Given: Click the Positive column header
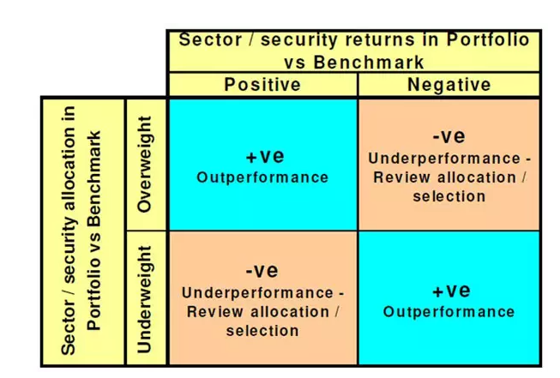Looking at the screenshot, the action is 262,85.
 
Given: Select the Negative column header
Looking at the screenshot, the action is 449,85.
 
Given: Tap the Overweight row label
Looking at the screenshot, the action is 145,165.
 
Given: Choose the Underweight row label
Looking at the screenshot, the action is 145,299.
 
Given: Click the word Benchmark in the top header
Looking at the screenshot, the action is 369,63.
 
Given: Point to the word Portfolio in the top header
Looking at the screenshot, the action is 488,39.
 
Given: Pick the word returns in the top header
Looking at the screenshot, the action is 381,39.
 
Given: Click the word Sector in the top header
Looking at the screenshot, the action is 210,39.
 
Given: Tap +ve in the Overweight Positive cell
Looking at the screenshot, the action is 265,157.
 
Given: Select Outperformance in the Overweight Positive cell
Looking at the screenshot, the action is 262,177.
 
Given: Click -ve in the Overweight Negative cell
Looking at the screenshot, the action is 449,136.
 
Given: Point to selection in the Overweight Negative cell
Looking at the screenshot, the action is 449,196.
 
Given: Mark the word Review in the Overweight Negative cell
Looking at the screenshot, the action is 402,177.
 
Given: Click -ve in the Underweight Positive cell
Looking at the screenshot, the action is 262,270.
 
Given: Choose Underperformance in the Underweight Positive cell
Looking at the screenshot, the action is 258,293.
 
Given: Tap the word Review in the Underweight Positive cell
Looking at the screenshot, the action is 215,312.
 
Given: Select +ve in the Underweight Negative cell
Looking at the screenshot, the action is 451,291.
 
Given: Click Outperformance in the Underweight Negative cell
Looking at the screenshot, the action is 449,312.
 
